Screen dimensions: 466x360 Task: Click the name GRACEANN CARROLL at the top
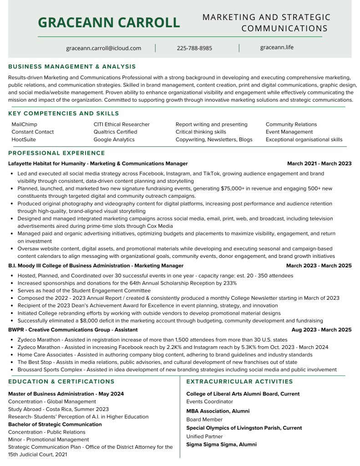(109, 22)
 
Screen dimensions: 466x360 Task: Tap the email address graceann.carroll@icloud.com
(103, 48)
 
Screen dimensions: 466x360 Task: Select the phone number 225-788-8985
(194, 48)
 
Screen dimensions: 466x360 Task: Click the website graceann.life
(277, 47)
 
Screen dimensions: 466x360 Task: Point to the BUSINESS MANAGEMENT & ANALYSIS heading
(72, 67)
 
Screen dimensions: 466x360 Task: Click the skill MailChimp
(25, 124)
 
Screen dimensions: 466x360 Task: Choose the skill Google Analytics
(114, 139)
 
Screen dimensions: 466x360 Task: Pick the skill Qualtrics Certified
(115, 132)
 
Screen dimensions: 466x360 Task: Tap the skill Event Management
(289, 132)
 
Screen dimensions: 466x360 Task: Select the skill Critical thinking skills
(201, 132)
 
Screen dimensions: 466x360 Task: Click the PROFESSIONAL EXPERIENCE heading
(56, 153)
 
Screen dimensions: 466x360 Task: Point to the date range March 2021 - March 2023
(319, 164)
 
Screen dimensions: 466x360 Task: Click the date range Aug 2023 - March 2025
(321, 330)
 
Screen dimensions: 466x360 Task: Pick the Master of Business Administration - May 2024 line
(66, 394)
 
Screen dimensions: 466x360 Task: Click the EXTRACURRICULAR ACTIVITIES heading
(239, 382)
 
